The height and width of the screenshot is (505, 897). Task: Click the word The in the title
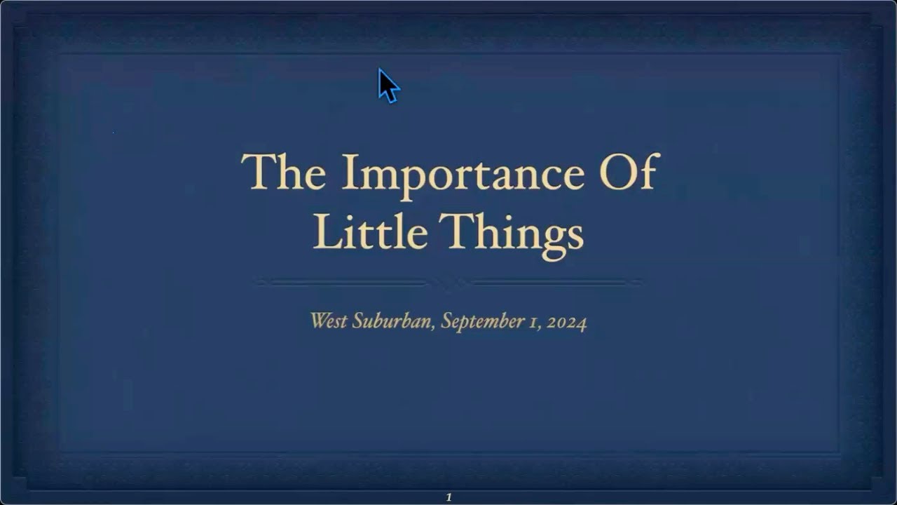click(284, 171)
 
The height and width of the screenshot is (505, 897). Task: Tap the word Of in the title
click(629, 171)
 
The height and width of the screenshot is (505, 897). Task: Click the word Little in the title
click(370, 231)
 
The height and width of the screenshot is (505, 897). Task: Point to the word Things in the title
click(511, 236)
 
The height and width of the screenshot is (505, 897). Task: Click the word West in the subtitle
click(329, 321)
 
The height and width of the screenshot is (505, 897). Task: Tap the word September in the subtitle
click(483, 322)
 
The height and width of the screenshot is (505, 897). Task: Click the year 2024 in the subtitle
click(567, 323)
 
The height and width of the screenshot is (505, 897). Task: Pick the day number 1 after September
click(534, 323)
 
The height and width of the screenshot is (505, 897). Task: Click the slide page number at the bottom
click(448, 497)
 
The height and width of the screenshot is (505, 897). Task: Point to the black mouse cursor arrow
click(388, 86)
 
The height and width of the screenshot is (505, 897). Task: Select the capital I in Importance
click(349, 171)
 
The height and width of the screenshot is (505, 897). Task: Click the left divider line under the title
click(341, 283)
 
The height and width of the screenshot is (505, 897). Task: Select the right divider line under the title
click(556, 283)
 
